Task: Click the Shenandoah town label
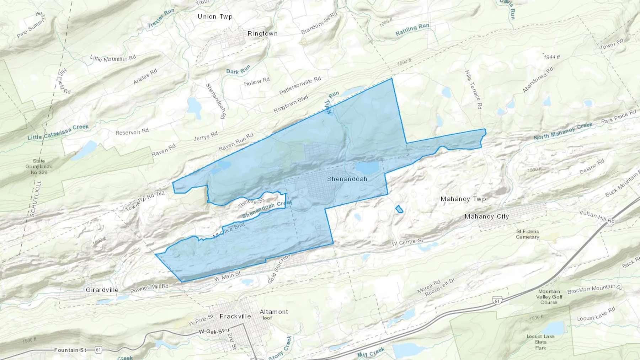(347, 179)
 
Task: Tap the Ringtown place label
(262, 33)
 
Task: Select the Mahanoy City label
(486, 216)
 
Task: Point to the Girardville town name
(102, 290)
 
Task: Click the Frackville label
(235, 316)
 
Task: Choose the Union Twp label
(215, 16)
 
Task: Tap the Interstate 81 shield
(497, 301)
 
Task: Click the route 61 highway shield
(98, 350)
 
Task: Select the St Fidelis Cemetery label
(527, 234)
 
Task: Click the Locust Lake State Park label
(540, 342)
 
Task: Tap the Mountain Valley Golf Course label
(549, 297)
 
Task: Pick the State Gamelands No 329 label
(39, 167)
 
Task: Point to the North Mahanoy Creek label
(563, 131)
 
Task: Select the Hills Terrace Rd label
(473, 89)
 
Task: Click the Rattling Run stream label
(412, 29)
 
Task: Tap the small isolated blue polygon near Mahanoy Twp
(399, 209)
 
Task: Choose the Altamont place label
(273, 312)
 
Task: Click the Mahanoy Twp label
(463, 199)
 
